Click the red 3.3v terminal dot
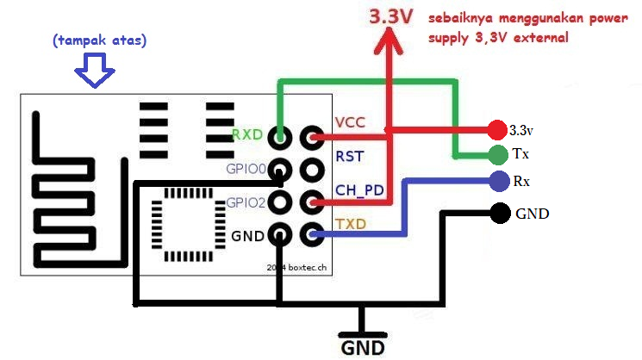pyautogui.click(x=496, y=130)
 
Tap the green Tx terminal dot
pyautogui.click(x=497, y=155)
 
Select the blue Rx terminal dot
pyautogui.click(x=497, y=181)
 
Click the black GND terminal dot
pyautogui.click(x=498, y=212)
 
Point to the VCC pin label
pyautogui.click(x=350, y=122)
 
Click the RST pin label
pyautogui.click(x=348, y=156)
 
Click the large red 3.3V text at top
pyautogui.click(x=391, y=16)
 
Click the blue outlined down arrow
pyautogui.click(x=94, y=71)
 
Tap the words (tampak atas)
pyautogui.click(x=99, y=40)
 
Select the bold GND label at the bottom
pyautogui.click(x=362, y=347)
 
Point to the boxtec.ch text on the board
pyautogui.click(x=302, y=269)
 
